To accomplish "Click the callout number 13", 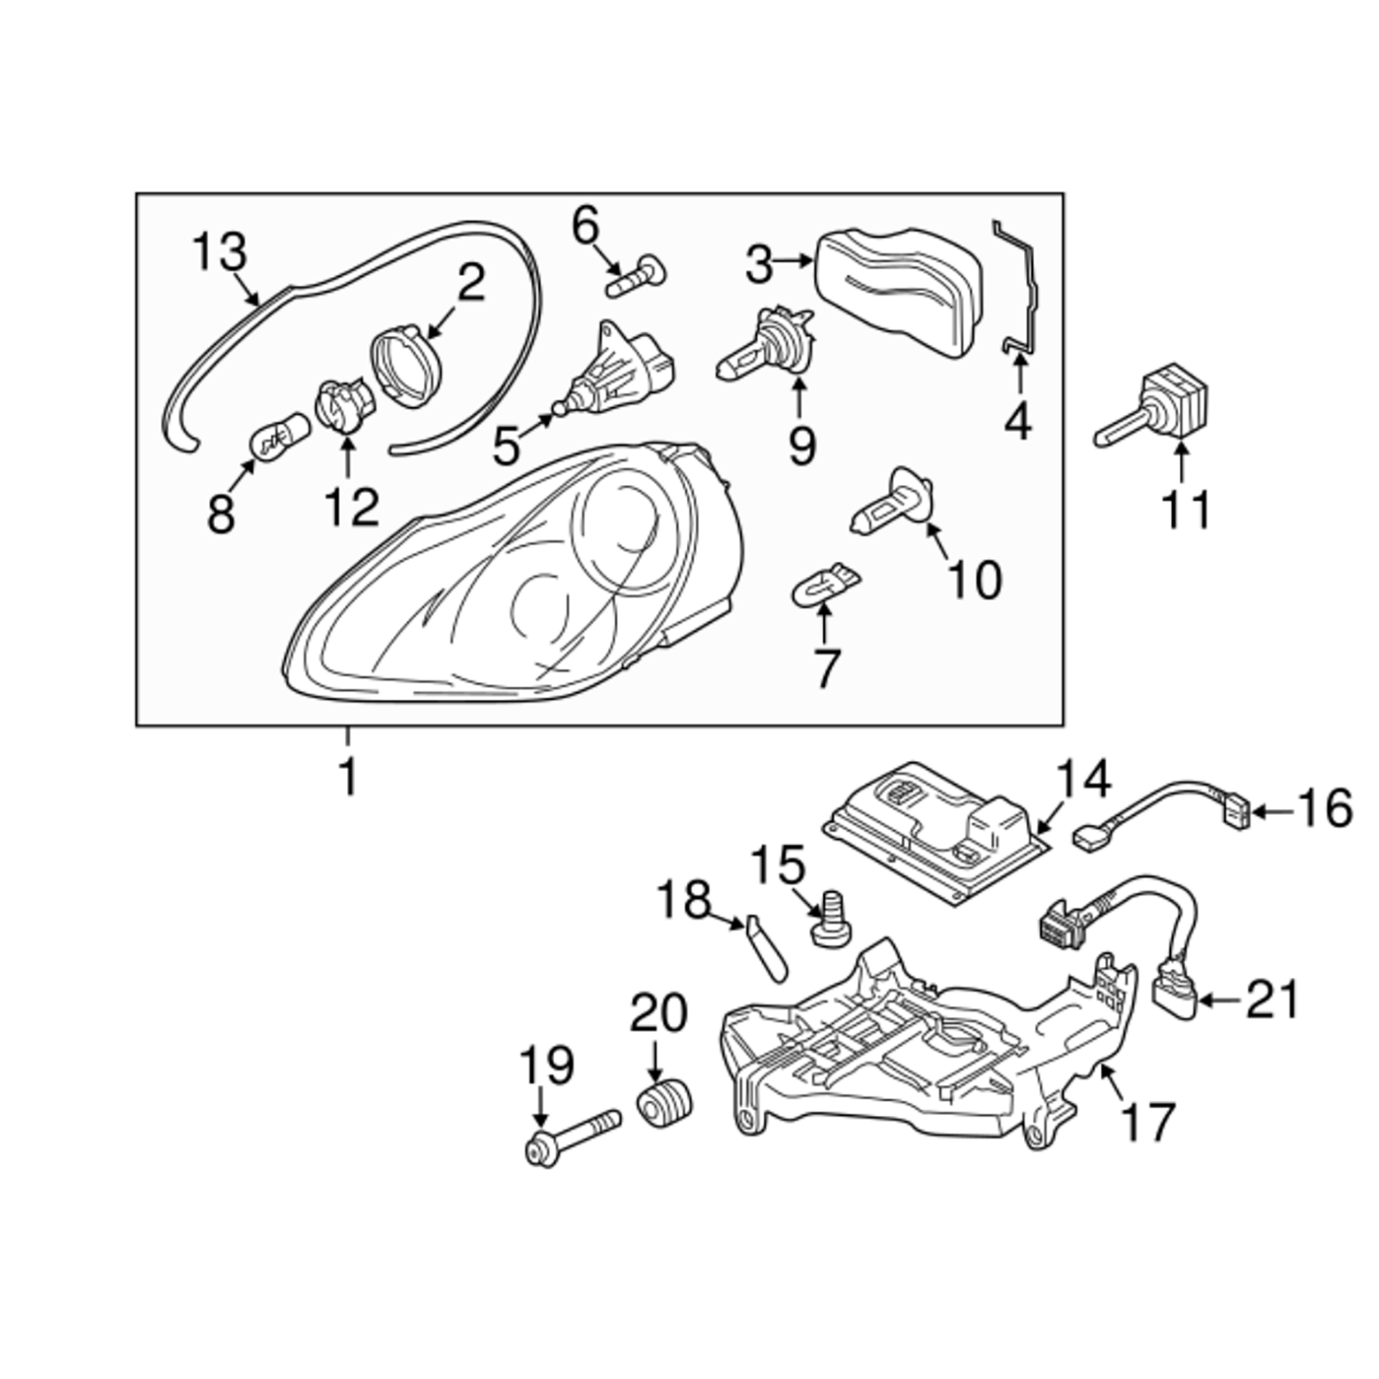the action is coord(219,252).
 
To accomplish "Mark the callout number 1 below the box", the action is coord(348,777).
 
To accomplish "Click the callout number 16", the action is coord(1324,809).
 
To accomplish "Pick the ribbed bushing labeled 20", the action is coord(665,1105).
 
